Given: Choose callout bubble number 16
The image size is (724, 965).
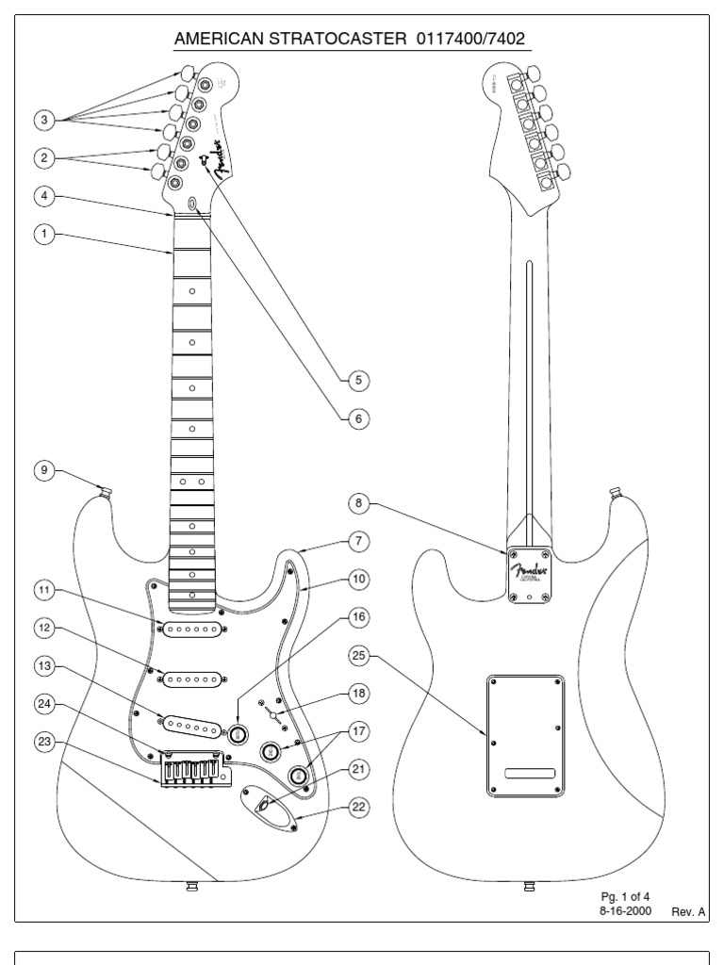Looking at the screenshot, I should coord(357,617).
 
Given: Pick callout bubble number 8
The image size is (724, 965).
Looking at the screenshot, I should coord(357,503).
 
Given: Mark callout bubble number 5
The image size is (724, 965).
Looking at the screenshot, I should coord(357,381).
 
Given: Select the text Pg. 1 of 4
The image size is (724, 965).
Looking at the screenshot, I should coord(626,896).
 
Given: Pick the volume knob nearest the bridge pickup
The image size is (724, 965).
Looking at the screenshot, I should coord(238,733).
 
